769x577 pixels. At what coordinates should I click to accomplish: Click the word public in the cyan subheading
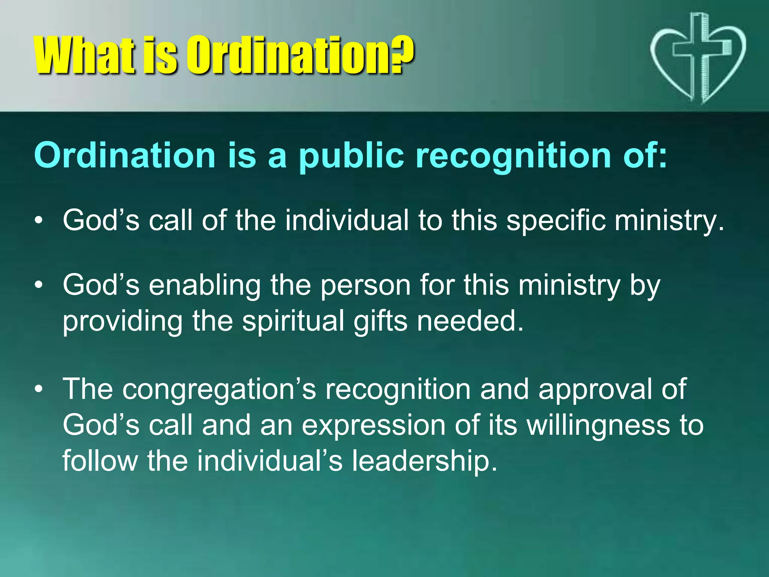[351, 156]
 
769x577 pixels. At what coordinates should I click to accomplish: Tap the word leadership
[424, 461]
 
